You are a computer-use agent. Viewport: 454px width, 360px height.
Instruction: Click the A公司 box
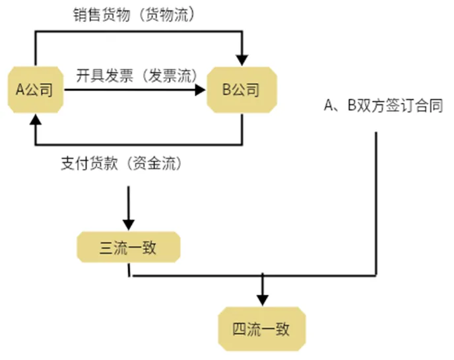34,90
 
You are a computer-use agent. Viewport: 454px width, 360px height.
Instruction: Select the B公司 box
242,90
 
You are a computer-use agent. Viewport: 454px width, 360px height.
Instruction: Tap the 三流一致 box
128,248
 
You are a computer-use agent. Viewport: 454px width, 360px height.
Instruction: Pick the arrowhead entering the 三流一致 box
128,224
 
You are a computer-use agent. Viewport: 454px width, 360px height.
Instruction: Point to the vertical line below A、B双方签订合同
376,198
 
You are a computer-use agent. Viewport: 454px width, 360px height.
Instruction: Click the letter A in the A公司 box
20,90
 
